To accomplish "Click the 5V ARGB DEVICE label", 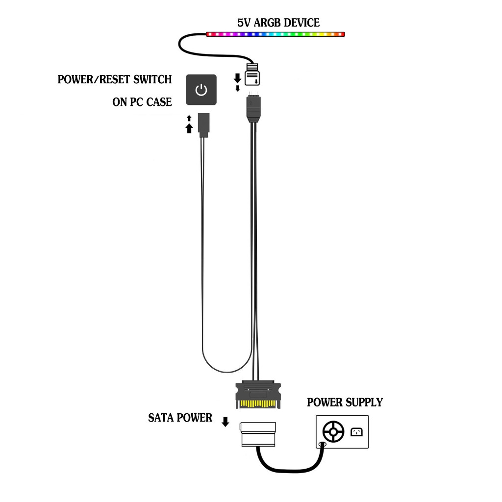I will pyautogui.click(x=278, y=23).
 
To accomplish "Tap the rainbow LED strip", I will pyautogui.click(x=275, y=34).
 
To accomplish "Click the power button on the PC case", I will pyautogui.click(x=201, y=89).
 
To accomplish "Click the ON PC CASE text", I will pyautogui.click(x=142, y=102).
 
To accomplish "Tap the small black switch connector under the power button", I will pyautogui.click(x=203, y=123).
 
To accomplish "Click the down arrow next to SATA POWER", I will pyautogui.click(x=226, y=422).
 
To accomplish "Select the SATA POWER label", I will pyautogui.click(x=180, y=418).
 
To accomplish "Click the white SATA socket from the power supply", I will pyautogui.click(x=258, y=434).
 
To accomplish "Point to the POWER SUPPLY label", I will pyautogui.click(x=345, y=402).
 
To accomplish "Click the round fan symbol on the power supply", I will pyautogui.click(x=333, y=432).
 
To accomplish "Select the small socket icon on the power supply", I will pyautogui.click(x=356, y=432).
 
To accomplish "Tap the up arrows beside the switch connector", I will pyautogui.click(x=189, y=125).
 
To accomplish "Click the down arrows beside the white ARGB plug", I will pyautogui.click(x=238, y=82).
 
